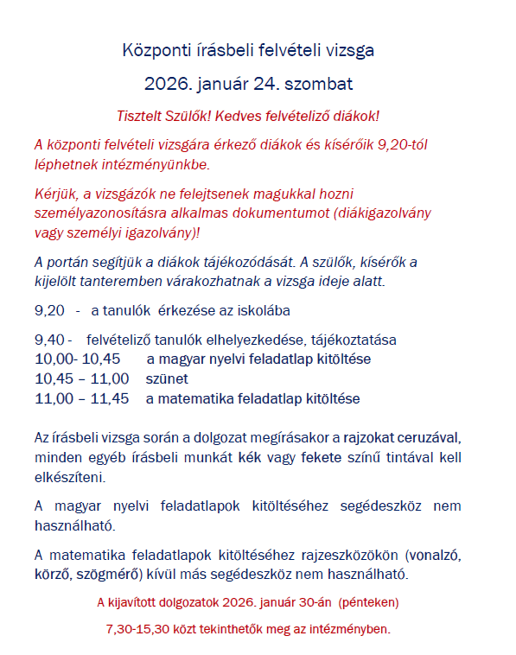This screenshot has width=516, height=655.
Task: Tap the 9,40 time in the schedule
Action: coord(50,340)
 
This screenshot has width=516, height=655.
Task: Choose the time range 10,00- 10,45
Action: coord(77,359)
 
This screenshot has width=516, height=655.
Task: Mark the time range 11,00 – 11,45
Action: coord(81,398)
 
